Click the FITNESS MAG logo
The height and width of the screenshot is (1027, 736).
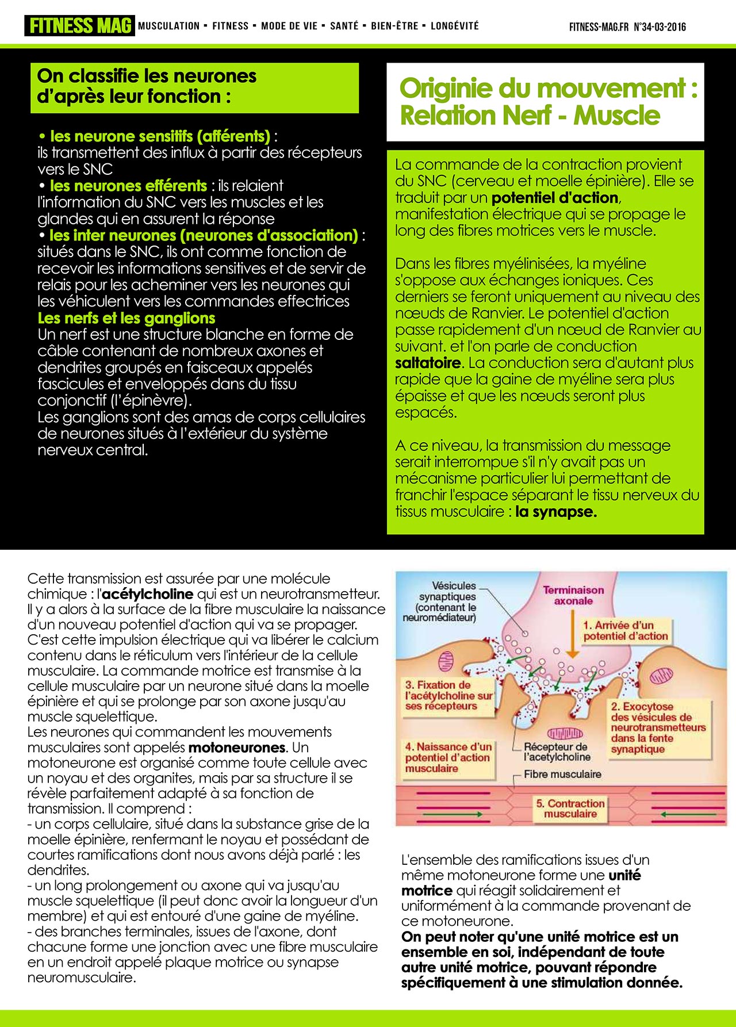(x=79, y=26)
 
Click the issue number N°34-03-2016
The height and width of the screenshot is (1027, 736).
(x=660, y=27)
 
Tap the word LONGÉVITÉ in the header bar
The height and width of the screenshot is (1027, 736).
(x=454, y=26)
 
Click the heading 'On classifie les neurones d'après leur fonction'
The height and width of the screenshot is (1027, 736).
(x=147, y=86)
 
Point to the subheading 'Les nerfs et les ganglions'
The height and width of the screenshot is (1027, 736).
(x=126, y=318)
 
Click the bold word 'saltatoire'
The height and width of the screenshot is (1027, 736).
(x=428, y=363)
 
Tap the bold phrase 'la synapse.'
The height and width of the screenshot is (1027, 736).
(x=556, y=511)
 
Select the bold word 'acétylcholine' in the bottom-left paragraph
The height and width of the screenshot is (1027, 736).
(x=147, y=593)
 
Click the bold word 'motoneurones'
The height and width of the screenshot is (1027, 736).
(x=237, y=748)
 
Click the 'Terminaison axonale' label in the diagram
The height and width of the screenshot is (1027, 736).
(x=573, y=595)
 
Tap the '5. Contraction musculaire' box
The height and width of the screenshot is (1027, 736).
(x=570, y=808)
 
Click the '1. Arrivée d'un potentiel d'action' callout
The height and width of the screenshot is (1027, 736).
(x=625, y=630)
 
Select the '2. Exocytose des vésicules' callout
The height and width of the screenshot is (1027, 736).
(x=657, y=727)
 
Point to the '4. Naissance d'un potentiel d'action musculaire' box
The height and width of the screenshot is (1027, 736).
(x=448, y=757)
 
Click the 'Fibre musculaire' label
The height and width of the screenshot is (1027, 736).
(x=562, y=774)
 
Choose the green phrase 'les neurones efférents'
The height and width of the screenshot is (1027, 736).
(x=128, y=186)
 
